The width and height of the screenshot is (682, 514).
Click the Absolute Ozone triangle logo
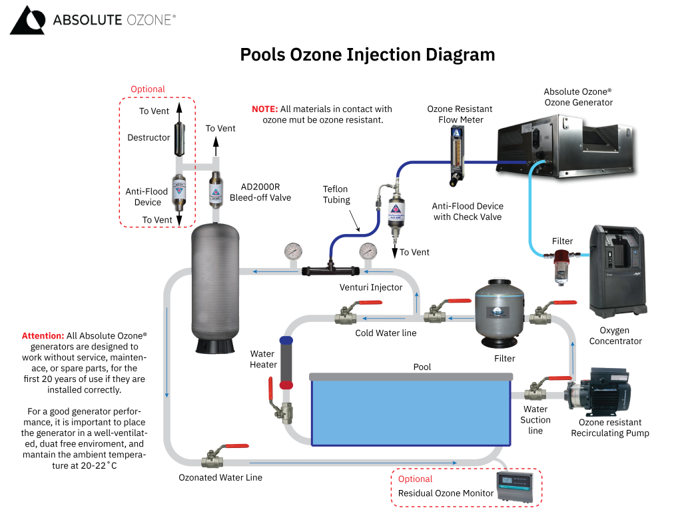pos(27,20)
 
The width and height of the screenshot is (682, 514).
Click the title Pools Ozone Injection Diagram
pos(367,55)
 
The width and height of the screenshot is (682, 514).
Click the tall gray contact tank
pos(212,287)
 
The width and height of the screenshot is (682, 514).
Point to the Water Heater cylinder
pos(286,363)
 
